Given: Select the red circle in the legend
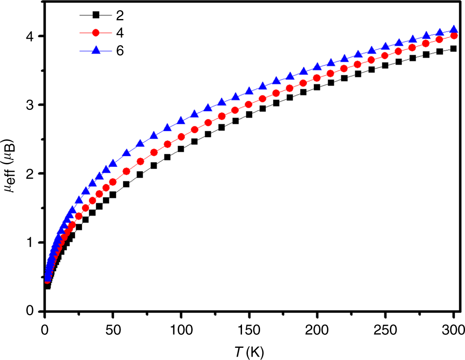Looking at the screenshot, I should point(96,33).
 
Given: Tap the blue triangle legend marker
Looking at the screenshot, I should point(96,50).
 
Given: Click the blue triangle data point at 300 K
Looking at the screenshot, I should point(453,30).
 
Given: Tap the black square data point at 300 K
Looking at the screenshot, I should point(453,48).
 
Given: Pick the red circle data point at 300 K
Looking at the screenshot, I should point(453,36).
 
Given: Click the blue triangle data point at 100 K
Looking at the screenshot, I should point(181,120).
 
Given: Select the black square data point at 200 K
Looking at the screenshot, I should point(317,87).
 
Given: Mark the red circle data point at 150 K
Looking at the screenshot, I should point(249,104).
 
